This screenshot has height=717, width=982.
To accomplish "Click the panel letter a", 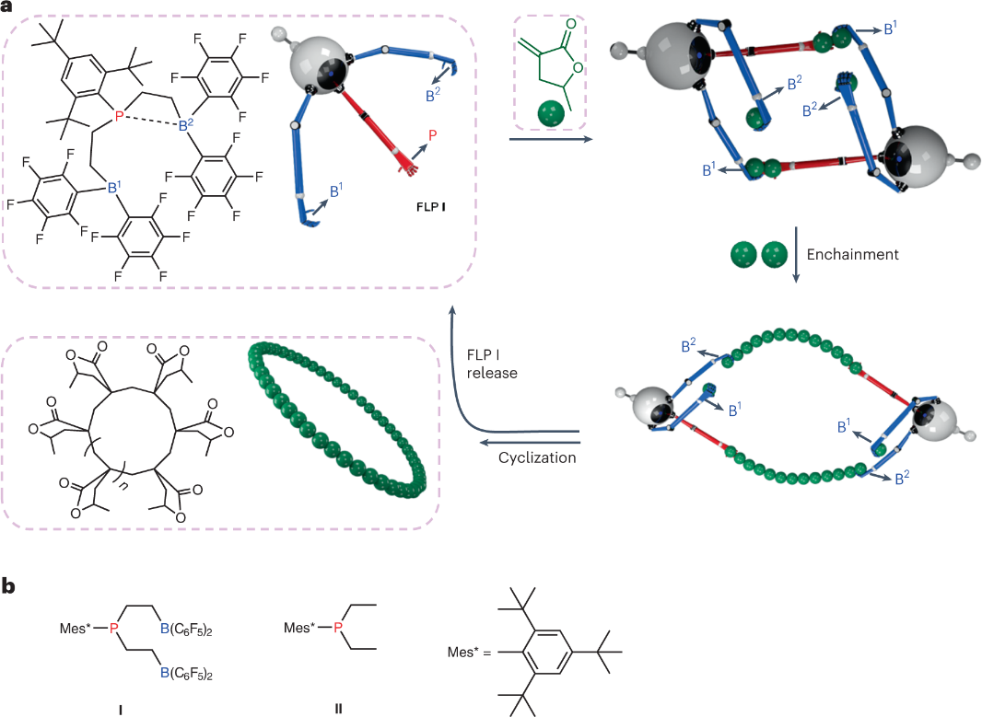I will click(x=7, y=7).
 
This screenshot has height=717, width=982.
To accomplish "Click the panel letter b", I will click(x=8, y=585).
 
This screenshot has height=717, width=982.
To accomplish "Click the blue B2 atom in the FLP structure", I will click(x=184, y=126).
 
